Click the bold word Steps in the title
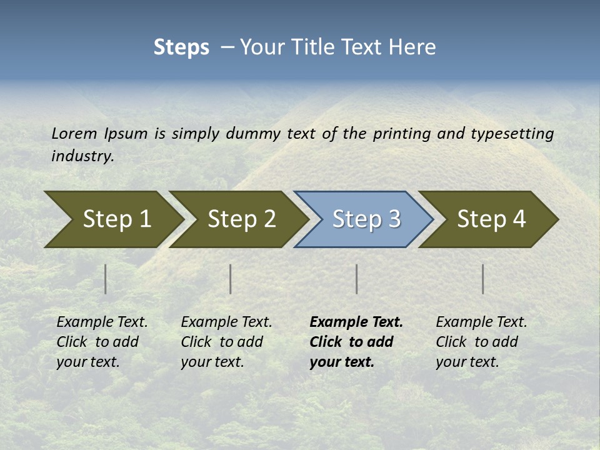[181, 47]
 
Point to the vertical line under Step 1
[106, 279]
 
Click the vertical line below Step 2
[231, 279]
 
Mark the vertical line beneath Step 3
[356, 279]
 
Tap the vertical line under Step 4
[483, 279]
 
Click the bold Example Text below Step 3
[356, 322]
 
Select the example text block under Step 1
[102, 342]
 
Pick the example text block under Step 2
[226, 342]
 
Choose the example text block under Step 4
[481, 342]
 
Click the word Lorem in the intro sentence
[74, 134]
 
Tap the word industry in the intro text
[82, 156]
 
